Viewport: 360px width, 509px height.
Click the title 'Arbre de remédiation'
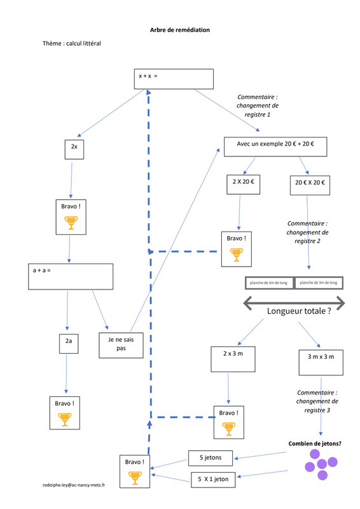[x=180, y=30]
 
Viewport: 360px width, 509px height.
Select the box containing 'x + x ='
[x=174, y=79]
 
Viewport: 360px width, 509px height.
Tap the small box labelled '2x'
[x=74, y=150]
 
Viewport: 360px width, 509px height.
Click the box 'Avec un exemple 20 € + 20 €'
[x=275, y=147]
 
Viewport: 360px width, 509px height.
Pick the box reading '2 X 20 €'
[x=243, y=185]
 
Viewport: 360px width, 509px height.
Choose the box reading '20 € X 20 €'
[x=310, y=185]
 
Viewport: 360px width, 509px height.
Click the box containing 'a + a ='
[x=71, y=277]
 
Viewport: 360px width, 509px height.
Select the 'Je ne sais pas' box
[x=121, y=345]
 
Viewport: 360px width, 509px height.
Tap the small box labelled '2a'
[x=69, y=344]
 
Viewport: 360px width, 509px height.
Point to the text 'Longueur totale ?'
[x=299, y=311]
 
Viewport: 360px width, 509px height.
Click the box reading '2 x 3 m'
[x=233, y=359]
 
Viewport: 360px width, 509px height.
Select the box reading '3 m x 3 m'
[x=321, y=363]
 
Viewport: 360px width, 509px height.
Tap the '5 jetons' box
[x=211, y=458]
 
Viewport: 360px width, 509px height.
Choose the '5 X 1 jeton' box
[x=213, y=480]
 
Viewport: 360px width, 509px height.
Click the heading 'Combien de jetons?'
[x=315, y=443]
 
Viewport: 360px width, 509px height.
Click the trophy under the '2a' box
[x=65, y=419]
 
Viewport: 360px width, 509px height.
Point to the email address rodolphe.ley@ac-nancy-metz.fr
[x=74, y=485]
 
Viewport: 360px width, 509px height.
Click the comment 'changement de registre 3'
[x=317, y=406]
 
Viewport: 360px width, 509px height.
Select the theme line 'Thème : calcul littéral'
[x=72, y=43]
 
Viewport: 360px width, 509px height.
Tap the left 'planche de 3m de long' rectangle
[x=269, y=282]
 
